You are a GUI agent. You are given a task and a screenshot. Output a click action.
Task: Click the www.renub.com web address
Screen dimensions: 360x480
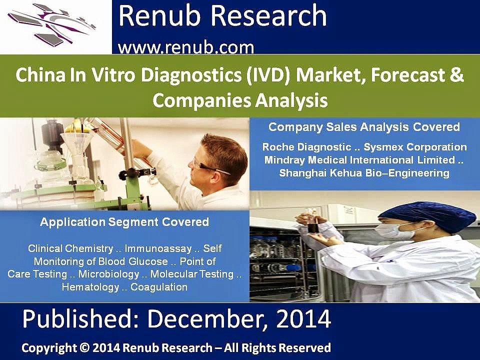click(x=186, y=47)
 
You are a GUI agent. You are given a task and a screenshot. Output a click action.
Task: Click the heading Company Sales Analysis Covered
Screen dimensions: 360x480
click(x=364, y=127)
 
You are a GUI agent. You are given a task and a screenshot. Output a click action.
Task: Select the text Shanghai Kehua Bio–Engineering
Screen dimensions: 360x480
click(x=364, y=173)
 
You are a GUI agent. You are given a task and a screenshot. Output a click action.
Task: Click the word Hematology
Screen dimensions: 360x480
click(x=90, y=287)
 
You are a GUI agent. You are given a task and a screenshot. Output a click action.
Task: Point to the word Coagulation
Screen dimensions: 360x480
click(x=159, y=287)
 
